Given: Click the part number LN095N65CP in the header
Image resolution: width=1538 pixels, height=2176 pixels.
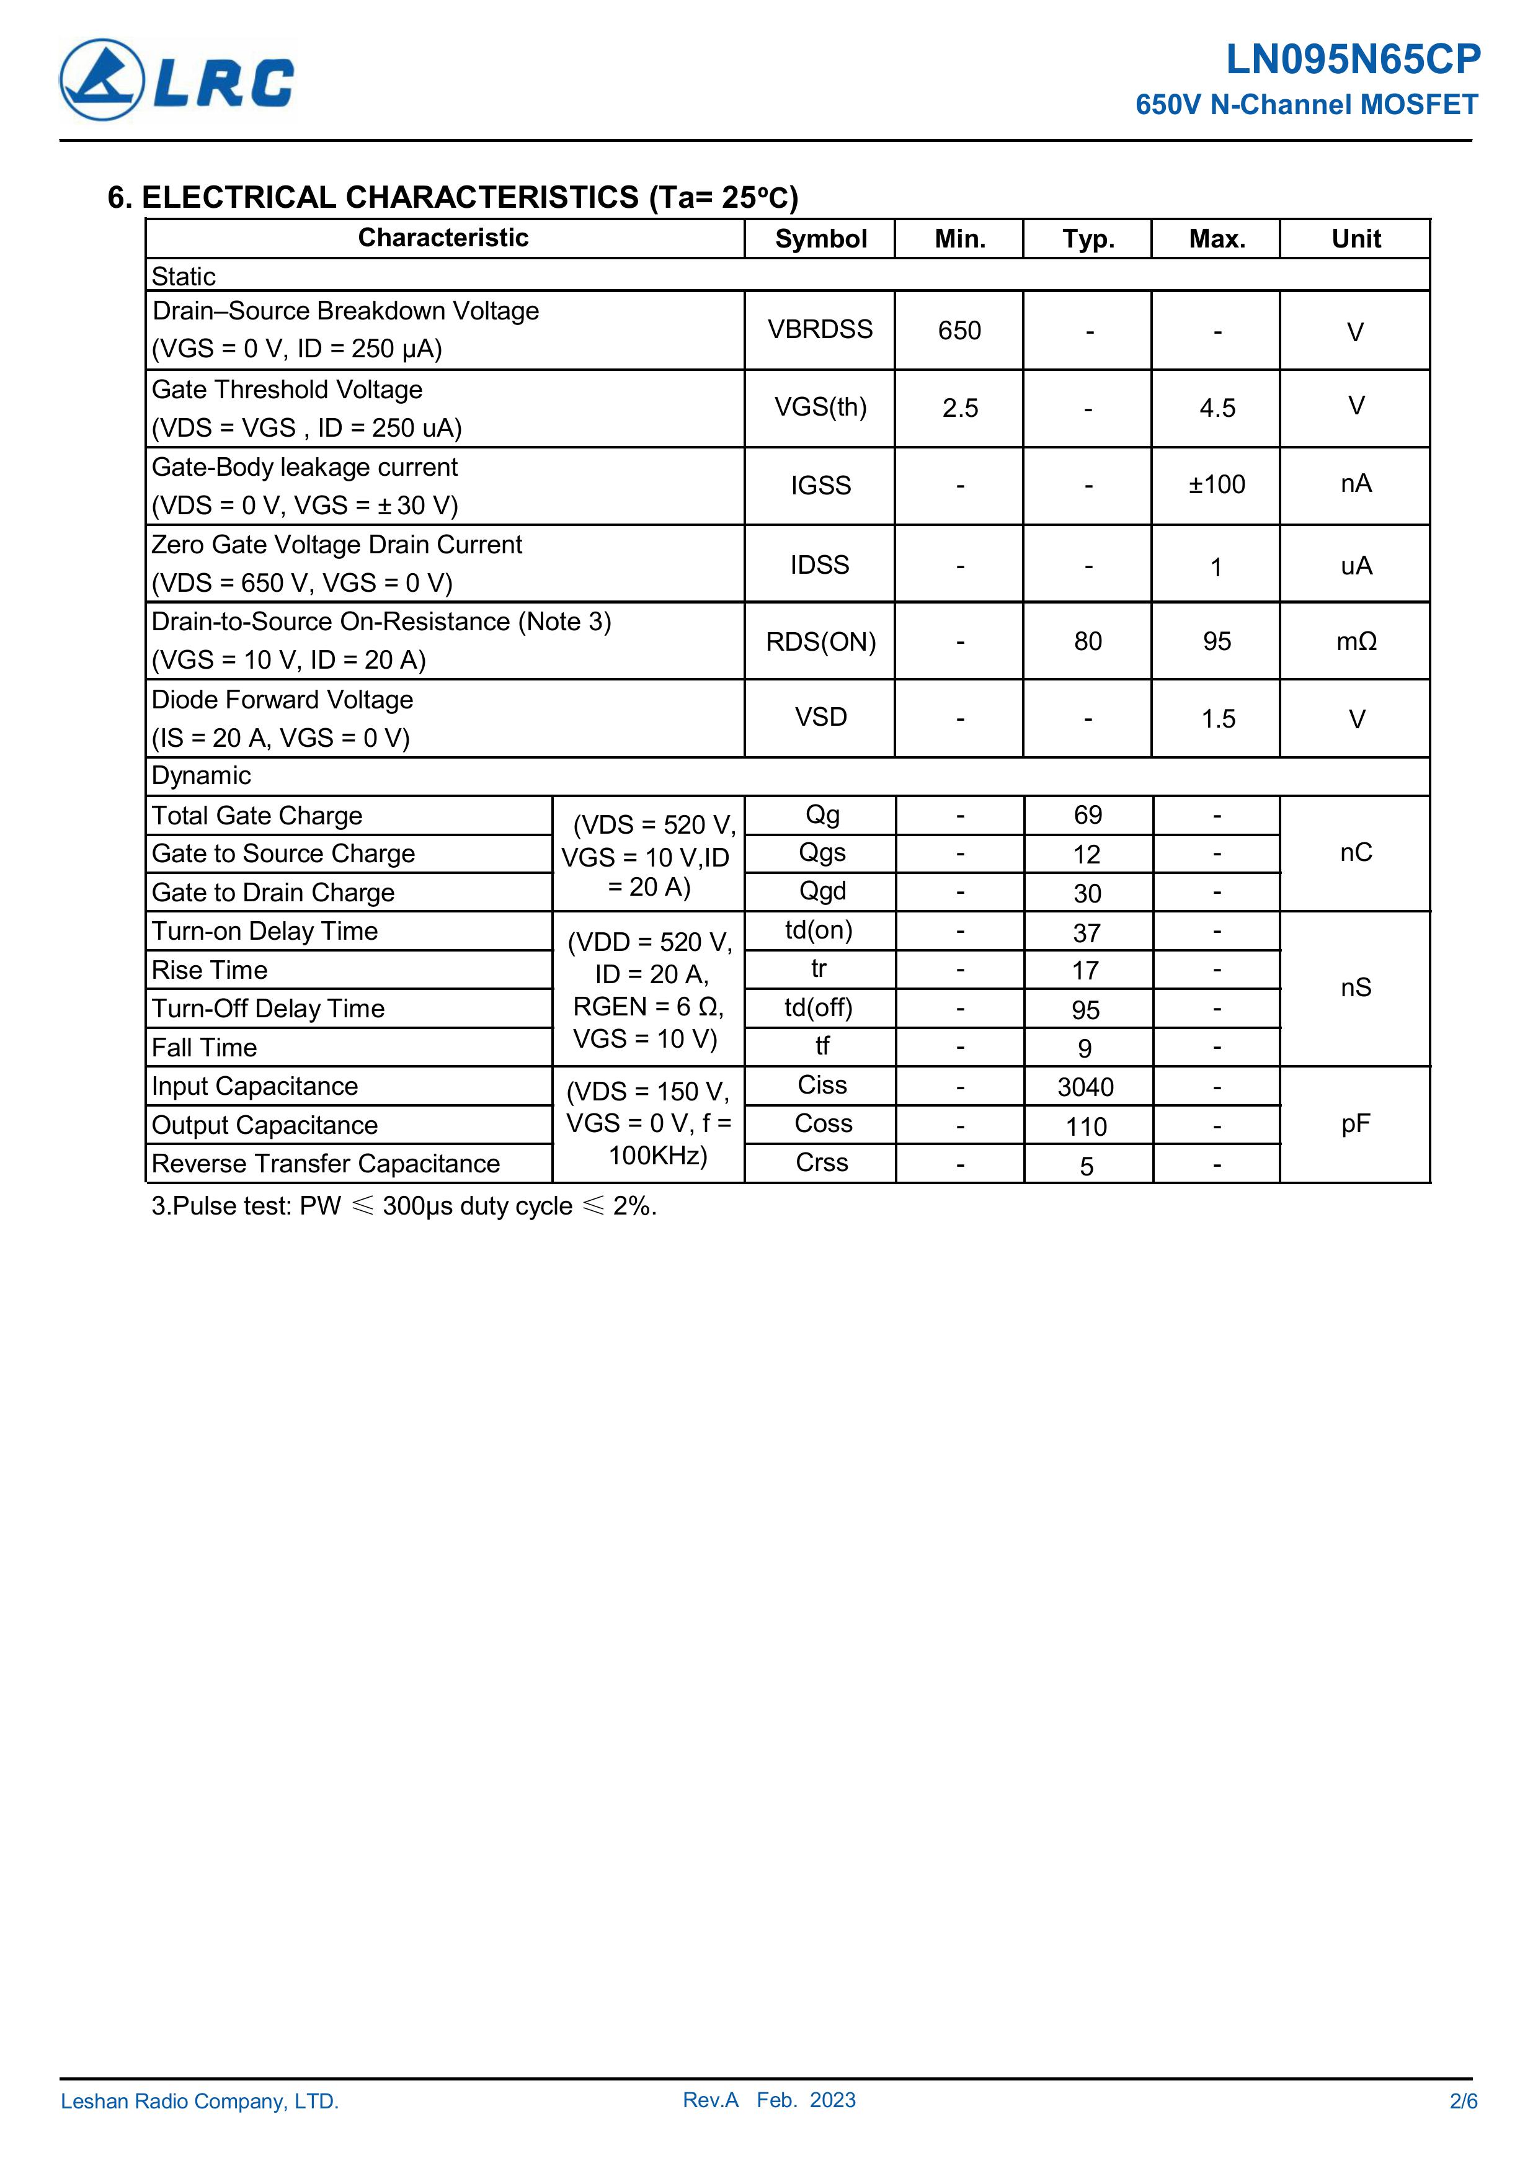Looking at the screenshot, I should coord(1353,60).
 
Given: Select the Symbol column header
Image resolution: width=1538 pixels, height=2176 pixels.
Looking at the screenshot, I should coord(820,239).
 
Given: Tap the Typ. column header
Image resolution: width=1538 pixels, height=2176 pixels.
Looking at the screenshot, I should coord(1087,239).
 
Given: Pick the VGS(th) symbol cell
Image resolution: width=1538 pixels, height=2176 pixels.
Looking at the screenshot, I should coord(820,408).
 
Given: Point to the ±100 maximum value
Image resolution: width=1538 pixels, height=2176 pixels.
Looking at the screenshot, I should coord(1217,485).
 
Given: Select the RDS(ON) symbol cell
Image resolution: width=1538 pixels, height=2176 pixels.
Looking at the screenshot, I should coord(820,641).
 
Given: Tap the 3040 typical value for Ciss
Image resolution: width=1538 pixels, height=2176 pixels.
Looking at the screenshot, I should coord(1086,1087).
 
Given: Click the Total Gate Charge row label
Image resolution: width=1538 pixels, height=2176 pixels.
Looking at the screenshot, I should coord(257,816).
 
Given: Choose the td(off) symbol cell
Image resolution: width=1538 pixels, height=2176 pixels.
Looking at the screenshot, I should coord(819,1007).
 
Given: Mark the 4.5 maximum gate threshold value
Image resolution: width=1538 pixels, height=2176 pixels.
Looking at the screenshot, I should coord(1217,409).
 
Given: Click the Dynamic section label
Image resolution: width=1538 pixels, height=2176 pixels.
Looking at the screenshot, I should coord(201,776).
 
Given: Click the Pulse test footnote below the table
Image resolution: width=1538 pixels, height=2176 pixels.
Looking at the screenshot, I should coord(404,1206).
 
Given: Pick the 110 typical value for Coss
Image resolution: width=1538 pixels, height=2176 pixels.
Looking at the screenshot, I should coord(1086,1127).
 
